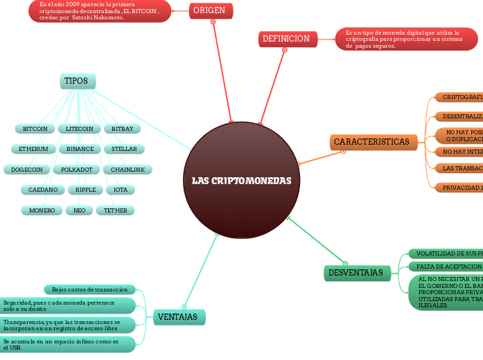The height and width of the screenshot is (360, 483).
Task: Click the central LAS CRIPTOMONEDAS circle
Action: pos(241,181)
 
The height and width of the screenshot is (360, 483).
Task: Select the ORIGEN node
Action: pos(211,10)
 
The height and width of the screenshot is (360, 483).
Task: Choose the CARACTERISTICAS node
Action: pos(373,142)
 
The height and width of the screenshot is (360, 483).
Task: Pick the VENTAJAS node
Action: pos(179,317)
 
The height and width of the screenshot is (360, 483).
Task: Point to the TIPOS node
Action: pos(77,81)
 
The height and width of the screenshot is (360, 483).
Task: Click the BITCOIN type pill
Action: pos(35,129)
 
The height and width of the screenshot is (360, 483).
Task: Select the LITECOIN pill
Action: pos(79,129)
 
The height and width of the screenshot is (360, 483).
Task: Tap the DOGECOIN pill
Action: pos(27,170)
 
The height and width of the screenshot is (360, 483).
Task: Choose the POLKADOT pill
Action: pos(76,170)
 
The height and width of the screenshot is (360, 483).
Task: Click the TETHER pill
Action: pos(115,210)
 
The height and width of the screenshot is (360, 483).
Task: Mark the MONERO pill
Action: pos(42,210)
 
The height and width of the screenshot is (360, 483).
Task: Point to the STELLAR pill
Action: pos(123,149)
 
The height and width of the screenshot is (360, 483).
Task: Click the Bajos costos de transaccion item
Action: pos(90,289)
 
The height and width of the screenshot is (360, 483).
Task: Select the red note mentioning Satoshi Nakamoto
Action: pos(100,11)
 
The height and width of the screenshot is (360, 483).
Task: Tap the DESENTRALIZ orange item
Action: pos(457,116)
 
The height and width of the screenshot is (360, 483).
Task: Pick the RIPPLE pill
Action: pos(85,190)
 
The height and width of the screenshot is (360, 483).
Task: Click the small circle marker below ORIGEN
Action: pos(213,21)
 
